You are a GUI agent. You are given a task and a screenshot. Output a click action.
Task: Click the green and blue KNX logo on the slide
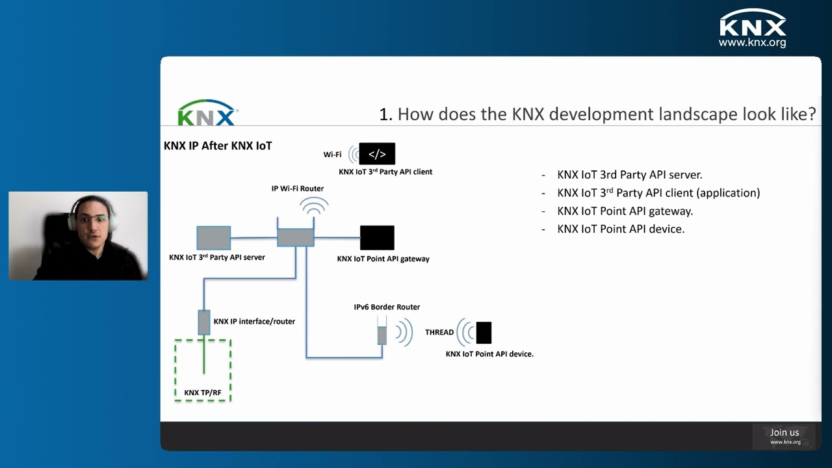pos(206,113)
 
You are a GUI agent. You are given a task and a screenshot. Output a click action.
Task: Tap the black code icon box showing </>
pos(377,154)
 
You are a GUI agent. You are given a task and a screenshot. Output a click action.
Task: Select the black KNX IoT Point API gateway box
pos(377,238)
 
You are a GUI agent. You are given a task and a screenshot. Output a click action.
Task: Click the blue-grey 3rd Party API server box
pos(214,238)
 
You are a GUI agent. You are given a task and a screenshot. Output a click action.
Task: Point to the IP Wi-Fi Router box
pos(296,237)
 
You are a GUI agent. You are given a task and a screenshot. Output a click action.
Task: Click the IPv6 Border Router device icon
pos(382,331)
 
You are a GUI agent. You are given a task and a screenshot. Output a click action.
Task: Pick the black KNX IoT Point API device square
pos(484,332)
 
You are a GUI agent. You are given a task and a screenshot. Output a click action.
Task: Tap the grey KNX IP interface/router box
pos(203,322)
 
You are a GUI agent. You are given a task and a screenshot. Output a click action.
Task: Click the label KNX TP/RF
pos(202,393)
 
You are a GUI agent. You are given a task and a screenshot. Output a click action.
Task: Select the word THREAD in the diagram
pos(439,332)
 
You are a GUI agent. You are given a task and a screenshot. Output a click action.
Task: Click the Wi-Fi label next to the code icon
pos(332,155)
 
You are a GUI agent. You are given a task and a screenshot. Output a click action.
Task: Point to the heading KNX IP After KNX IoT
pos(218,146)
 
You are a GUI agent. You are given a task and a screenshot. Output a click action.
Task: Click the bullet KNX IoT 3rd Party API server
pos(629,175)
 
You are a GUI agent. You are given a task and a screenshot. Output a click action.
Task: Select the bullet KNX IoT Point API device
pos(621,229)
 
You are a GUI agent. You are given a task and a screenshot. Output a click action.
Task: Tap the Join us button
pos(785,435)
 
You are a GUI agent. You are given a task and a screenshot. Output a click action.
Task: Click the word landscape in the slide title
pos(697,114)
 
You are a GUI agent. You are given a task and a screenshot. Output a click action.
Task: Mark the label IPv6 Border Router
pos(387,307)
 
